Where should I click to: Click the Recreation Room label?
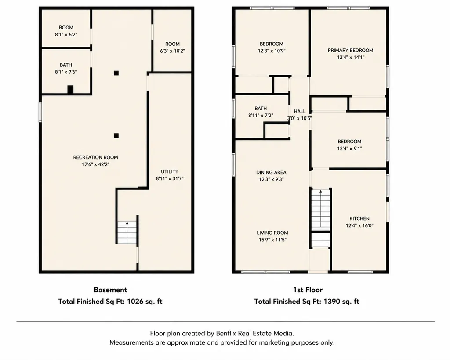[x=95, y=157]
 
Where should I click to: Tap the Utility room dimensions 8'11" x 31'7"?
[x=170, y=178]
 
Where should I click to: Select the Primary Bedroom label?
[x=350, y=50]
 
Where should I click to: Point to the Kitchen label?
[x=359, y=218]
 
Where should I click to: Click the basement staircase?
[x=127, y=233]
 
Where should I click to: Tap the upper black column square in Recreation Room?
[x=116, y=73]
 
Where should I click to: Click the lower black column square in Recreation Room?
[x=116, y=135]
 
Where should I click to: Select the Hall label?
[x=300, y=111]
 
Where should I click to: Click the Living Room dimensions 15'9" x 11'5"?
[x=272, y=240]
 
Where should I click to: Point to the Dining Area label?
[x=271, y=172]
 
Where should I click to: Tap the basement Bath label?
[x=66, y=65]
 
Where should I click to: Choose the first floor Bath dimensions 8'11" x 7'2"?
[x=261, y=116]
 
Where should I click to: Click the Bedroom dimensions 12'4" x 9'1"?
[x=349, y=149]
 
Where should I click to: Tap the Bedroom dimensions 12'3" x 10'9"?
[x=272, y=51]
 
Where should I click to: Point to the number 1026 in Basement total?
[x=135, y=302]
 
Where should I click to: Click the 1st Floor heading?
[x=308, y=290]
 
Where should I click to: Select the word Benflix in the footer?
[x=225, y=333]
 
